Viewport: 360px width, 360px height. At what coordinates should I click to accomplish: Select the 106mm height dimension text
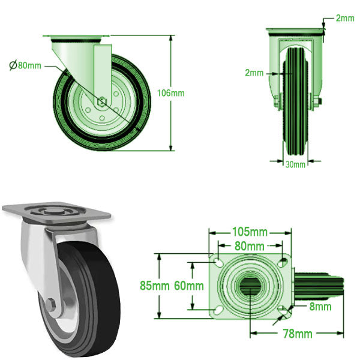click(x=171, y=93)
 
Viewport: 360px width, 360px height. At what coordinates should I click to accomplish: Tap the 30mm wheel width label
click(x=295, y=164)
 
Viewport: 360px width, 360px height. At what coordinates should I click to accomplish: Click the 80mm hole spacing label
click(x=249, y=246)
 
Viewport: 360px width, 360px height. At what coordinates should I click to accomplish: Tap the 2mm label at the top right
click(x=345, y=19)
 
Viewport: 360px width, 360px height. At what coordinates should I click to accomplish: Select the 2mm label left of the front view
click(x=254, y=73)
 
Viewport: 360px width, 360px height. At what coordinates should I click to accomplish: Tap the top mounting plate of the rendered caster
click(x=57, y=211)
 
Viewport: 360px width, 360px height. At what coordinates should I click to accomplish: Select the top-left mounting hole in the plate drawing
click(x=217, y=265)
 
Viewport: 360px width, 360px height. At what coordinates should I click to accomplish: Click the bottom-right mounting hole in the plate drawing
click(x=283, y=310)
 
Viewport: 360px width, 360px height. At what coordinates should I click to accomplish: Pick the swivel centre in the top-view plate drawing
click(x=250, y=287)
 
